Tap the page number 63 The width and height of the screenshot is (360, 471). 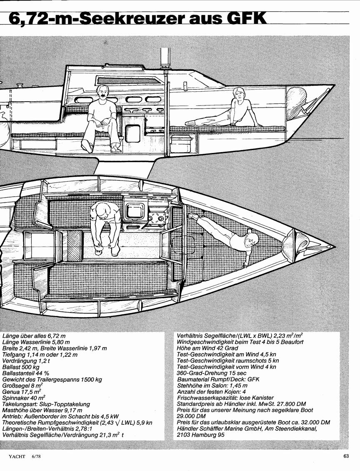coord(346,456)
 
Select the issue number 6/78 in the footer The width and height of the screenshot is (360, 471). coord(36,456)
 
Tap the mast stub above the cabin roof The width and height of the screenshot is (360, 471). coord(165,58)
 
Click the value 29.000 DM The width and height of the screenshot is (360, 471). coord(191,416)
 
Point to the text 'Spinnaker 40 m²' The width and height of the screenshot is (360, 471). coord(24,398)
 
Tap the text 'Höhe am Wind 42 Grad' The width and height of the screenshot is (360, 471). coord(207,348)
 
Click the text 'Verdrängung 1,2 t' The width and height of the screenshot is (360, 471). coord(26,361)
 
